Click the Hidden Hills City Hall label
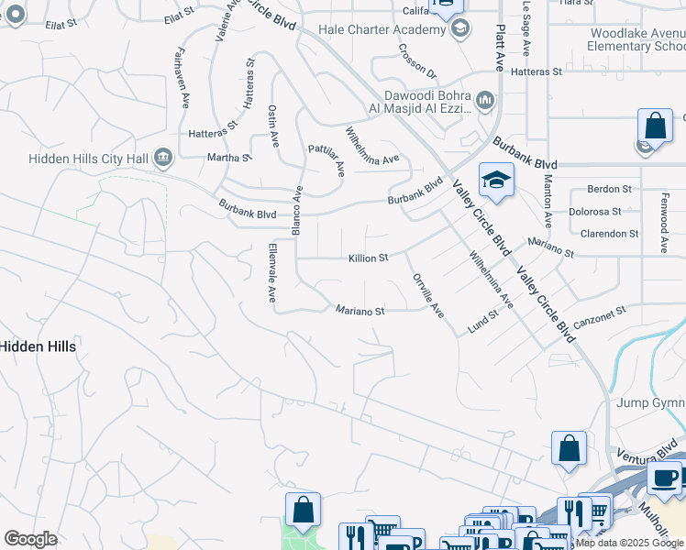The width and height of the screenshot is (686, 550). [87, 159]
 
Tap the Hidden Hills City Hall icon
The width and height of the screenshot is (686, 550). [163, 158]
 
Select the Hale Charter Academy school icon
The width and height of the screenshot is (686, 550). [459, 29]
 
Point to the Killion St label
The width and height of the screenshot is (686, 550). [369, 258]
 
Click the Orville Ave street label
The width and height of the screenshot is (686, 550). [428, 295]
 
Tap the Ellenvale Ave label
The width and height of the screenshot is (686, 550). [272, 273]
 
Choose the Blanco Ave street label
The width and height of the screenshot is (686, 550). [297, 211]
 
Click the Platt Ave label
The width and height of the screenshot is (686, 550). [500, 48]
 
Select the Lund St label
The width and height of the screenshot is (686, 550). [481, 321]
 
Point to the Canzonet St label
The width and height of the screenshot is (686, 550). [599, 318]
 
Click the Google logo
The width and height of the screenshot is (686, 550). [30, 539]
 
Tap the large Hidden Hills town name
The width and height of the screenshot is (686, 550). [39, 346]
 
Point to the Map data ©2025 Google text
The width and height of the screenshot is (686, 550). [629, 543]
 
